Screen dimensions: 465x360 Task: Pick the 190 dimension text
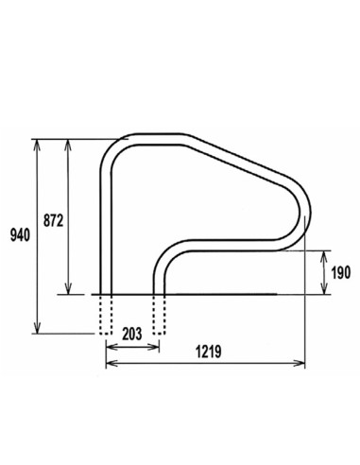click(x=341, y=273)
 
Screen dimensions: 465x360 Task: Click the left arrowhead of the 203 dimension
click(x=107, y=346)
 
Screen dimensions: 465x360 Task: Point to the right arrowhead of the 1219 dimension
click(x=302, y=364)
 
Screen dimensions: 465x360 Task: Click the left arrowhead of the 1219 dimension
click(x=107, y=364)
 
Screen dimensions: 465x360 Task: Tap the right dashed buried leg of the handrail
click(x=159, y=313)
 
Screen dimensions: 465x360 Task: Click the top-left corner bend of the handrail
click(x=112, y=150)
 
